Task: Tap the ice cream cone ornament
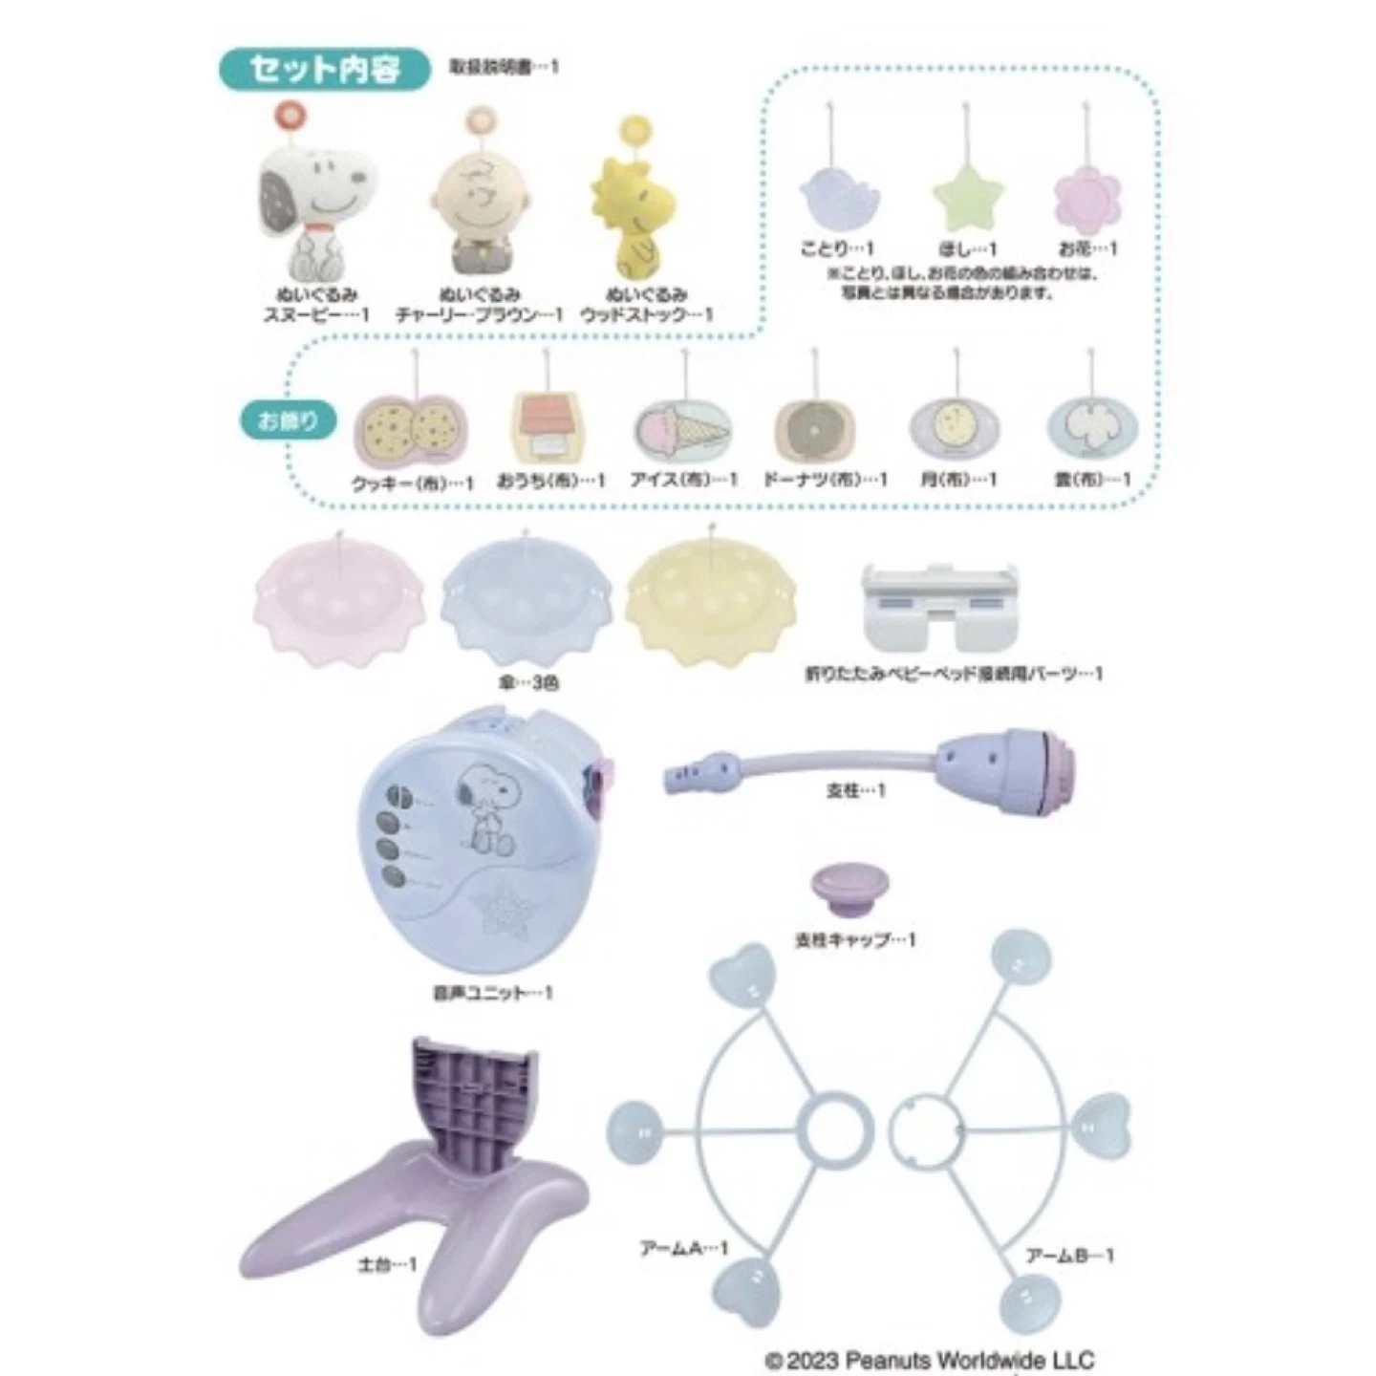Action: [682, 432]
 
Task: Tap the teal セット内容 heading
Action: [325, 70]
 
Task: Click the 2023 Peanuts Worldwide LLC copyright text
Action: [929, 1359]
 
